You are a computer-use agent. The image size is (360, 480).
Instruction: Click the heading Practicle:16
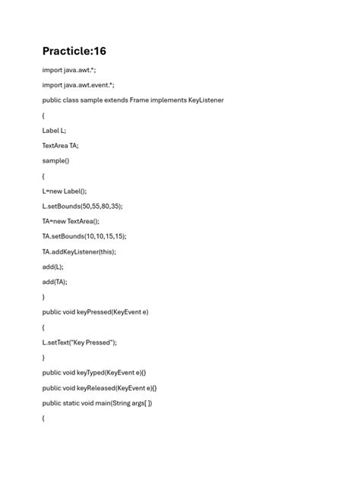(x=74, y=51)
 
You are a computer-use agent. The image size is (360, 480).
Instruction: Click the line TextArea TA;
(x=60, y=145)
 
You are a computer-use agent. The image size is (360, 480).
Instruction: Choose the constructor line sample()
(x=55, y=160)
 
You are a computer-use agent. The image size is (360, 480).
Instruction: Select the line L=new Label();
(x=65, y=191)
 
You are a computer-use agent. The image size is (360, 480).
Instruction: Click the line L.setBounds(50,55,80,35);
(x=82, y=206)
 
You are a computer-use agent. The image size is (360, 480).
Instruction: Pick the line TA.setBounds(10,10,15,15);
(x=84, y=236)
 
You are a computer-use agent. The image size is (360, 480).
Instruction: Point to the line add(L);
(x=52, y=267)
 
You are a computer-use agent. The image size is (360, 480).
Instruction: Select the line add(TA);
(x=55, y=282)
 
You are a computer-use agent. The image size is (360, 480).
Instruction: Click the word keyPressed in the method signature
(x=94, y=312)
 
